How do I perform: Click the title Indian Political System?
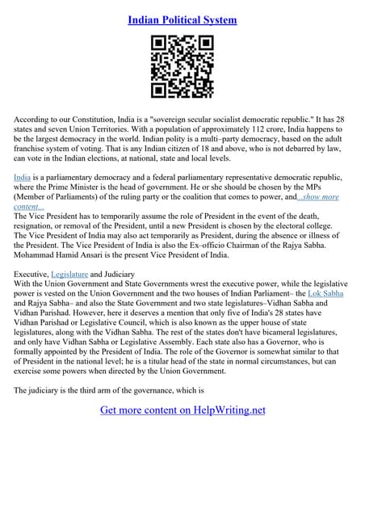tap(182, 19)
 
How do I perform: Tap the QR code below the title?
tap(182, 67)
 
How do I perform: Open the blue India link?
tap(23, 175)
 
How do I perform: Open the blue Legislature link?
tap(69, 274)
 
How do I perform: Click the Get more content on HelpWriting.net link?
tap(182, 410)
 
